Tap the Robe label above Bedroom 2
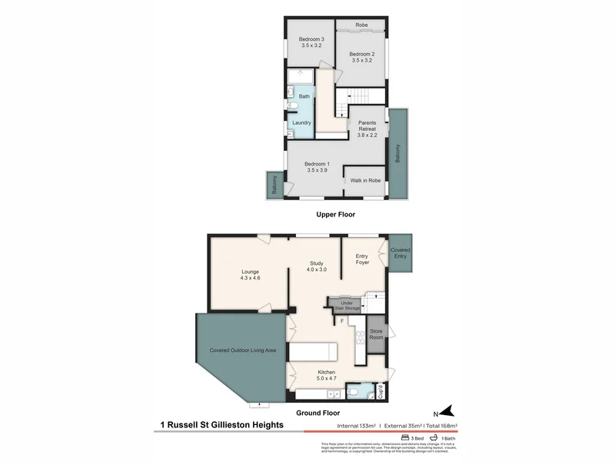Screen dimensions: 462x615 (x=361, y=25)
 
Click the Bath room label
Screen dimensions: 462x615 (x=304, y=96)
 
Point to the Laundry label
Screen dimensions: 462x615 (x=301, y=122)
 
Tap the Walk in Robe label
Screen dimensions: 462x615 (x=365, y=180)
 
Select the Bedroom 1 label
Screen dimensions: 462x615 (x=317, y=163)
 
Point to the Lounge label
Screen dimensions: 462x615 (x=250, y=271)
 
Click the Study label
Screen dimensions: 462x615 (x=317, y=263)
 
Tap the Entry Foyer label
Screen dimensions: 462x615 (x=362, y=259)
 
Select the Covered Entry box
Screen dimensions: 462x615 (x=401, y=254)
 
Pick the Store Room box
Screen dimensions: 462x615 (x=376, y=334)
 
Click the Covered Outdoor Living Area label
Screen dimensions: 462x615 (x=243, y=350)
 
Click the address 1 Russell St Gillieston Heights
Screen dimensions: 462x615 (x=221, y=424)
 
